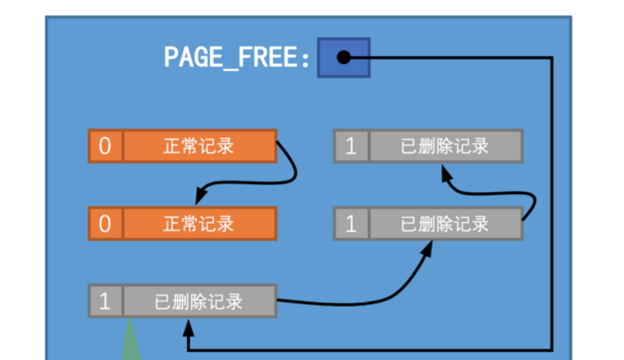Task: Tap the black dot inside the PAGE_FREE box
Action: click(x=343, y=58)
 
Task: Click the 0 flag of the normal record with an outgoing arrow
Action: click(x=105, y=146)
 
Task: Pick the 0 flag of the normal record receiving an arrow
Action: click(x=105, y=224)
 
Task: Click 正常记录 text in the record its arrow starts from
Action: click(x=199, y=146)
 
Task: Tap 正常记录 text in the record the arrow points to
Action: click(x=199, y=224)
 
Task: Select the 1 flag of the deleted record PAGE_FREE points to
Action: click(x=105, y=301)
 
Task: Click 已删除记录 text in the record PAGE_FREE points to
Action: click(x=199, y=301)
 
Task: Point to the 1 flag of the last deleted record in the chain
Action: click(x=351, y=146)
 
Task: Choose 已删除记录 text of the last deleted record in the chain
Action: click(x=445, y=146)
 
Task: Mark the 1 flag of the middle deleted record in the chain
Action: click(x=351, y=224)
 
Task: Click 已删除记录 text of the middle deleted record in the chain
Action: click(x=445, y=224)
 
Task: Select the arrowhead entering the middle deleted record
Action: click(x=425, y=248)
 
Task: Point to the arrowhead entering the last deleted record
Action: click(x=445, y=171)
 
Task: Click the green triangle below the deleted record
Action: click(x=131, y=343)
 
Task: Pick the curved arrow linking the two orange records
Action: click(x=292, y=170)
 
